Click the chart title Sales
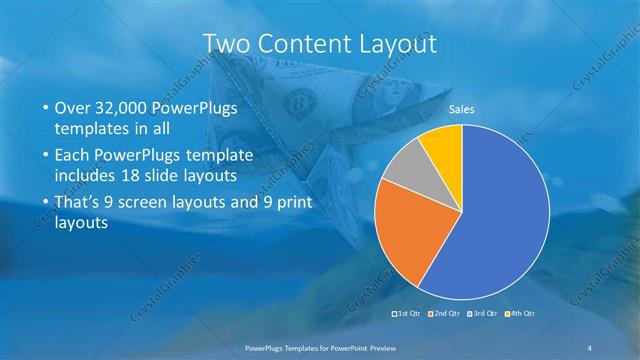point(461,108)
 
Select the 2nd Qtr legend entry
point(444,314)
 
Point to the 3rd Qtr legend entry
point(484,314)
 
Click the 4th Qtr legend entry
point(521,314)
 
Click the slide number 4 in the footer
point(590,347)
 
